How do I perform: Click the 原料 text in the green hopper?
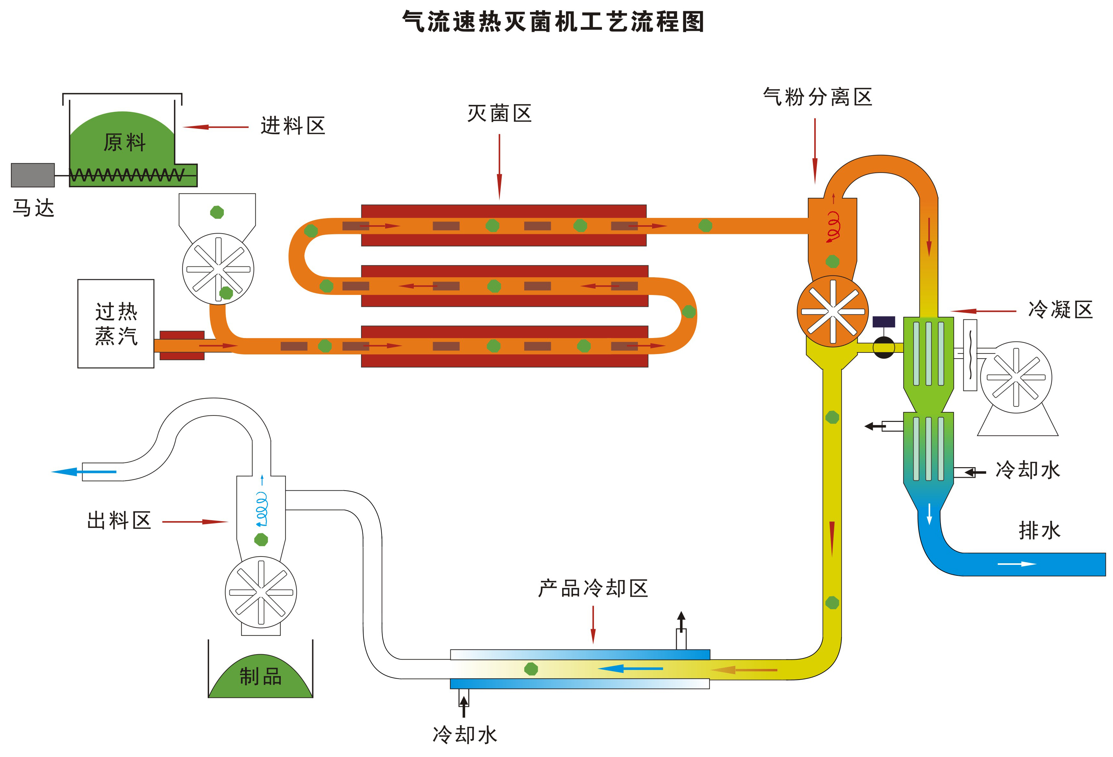point(125,142)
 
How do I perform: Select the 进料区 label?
point(293,126)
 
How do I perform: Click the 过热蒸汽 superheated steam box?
point(116,324)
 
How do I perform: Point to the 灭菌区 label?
point(499,113)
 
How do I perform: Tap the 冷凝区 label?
point(1060,309)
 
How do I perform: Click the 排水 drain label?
point(1039,530)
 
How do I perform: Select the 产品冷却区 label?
point(593,588)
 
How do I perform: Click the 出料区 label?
point(119,520)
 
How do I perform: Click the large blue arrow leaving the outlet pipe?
point(84,472)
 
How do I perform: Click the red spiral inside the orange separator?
point(833,226)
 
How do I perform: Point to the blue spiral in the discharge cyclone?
point(261,509)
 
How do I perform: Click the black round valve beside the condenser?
point(884,347)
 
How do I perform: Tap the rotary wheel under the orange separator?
point(833,311)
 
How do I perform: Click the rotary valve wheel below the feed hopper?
point(218,269)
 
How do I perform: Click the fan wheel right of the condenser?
point(1016,377)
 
